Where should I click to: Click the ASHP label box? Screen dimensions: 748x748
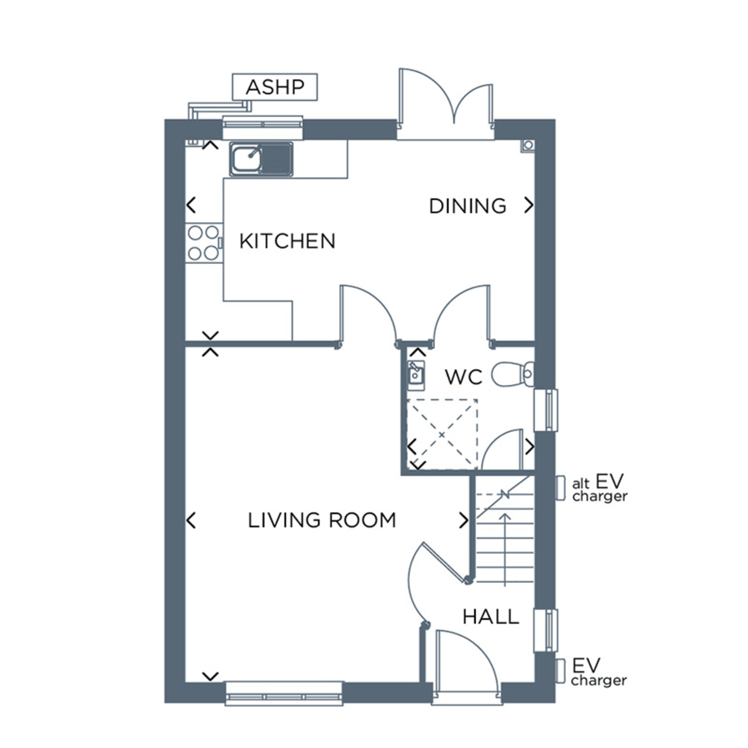pos(275,87)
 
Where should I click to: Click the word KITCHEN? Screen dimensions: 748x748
pos(287,241)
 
